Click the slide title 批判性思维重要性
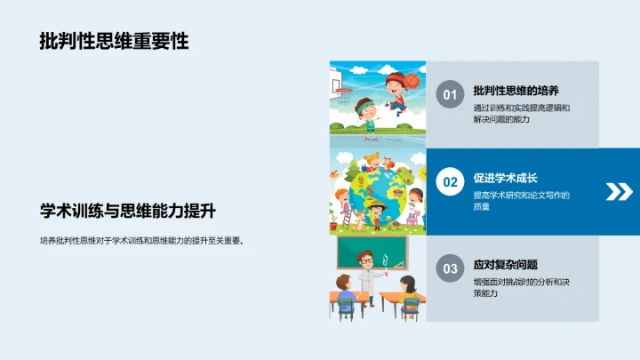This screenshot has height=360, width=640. click(114, 41)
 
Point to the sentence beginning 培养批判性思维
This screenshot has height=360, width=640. click(141, 240)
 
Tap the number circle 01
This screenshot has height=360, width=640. click(450, 95)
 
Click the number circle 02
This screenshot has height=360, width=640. click(450, 182)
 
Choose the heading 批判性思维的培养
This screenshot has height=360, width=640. click(516, 91)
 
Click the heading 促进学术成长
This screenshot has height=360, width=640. click(506, 178)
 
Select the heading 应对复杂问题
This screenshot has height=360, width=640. click(506, 264)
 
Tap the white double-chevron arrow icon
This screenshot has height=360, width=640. click(618, 191)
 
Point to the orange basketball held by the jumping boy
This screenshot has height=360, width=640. click(412, 79)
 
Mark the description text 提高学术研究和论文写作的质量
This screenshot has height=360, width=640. click(521, 201)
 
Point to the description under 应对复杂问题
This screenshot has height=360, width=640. click(521, 287)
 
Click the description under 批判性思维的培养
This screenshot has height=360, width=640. click(521, 114)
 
